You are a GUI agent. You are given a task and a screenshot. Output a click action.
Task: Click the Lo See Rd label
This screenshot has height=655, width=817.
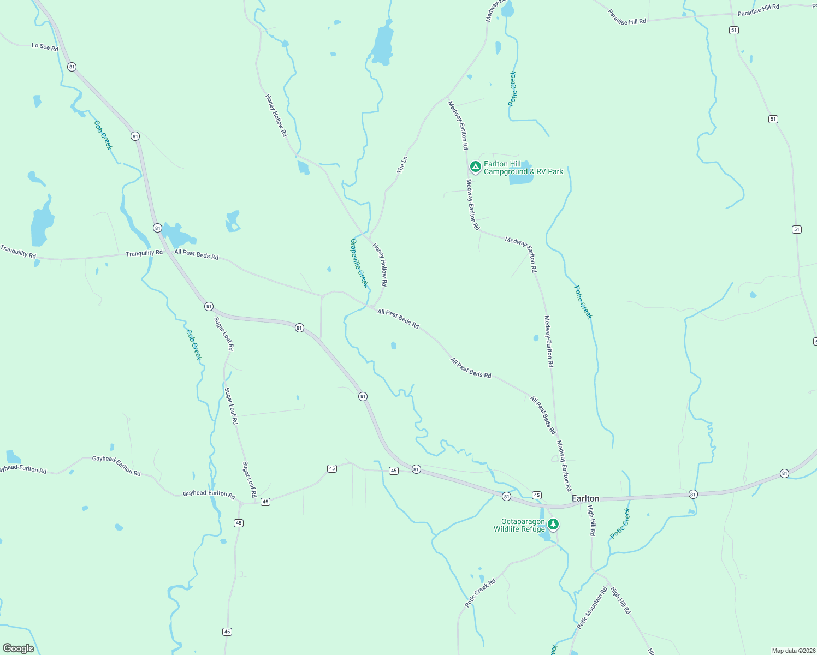[x=45, y=47]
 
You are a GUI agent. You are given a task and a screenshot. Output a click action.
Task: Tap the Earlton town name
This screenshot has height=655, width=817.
[x=585, y=498]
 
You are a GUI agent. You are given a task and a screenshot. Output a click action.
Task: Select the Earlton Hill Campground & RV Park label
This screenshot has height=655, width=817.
[x=523, y=168]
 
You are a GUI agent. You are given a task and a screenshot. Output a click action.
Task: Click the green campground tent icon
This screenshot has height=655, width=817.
[x=475, y=166]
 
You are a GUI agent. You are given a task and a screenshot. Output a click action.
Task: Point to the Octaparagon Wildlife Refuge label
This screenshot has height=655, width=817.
[x=519, y=525]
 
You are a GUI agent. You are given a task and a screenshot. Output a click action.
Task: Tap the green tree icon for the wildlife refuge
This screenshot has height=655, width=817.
[x=553, y=524]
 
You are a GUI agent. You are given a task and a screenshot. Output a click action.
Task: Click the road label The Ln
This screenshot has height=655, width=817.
[x=402, y=165]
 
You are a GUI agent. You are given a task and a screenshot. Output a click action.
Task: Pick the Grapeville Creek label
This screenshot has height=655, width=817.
[x=359, y=263]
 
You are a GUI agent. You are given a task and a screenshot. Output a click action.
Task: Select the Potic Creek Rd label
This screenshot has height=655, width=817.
[x=480, y=593]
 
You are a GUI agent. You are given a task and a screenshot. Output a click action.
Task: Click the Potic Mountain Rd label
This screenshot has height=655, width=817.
[x=592, y=607]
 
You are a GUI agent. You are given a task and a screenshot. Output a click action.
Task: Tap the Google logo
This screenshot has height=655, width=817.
[x=19, y=648]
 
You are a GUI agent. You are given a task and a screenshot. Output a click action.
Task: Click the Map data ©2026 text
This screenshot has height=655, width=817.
[x=792, y=651]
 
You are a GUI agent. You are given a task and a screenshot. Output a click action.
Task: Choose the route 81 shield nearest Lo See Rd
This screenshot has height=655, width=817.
[x=72, y=67]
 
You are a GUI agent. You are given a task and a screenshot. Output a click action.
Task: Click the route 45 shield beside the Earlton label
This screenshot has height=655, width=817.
[x=537, y=495]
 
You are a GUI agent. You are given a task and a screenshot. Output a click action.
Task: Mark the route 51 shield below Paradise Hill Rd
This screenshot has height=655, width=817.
[x=734, y=31]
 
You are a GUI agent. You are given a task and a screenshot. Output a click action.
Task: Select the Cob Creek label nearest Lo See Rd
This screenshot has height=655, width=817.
[x=103, y=135]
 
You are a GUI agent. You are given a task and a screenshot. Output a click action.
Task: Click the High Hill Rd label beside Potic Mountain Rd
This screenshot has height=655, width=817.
[x=620, y=600]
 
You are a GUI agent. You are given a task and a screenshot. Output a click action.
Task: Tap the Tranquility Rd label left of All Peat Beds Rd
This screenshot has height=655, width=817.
[x=144, y=253]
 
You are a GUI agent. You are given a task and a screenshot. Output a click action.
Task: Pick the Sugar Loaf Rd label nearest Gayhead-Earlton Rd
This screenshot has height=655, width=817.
[x=250, y=479]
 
